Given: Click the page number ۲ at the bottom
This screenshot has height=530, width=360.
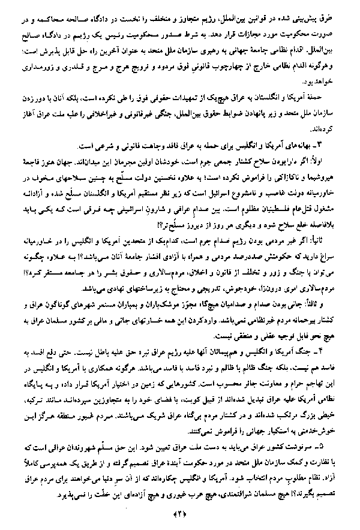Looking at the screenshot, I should point(180,514).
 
